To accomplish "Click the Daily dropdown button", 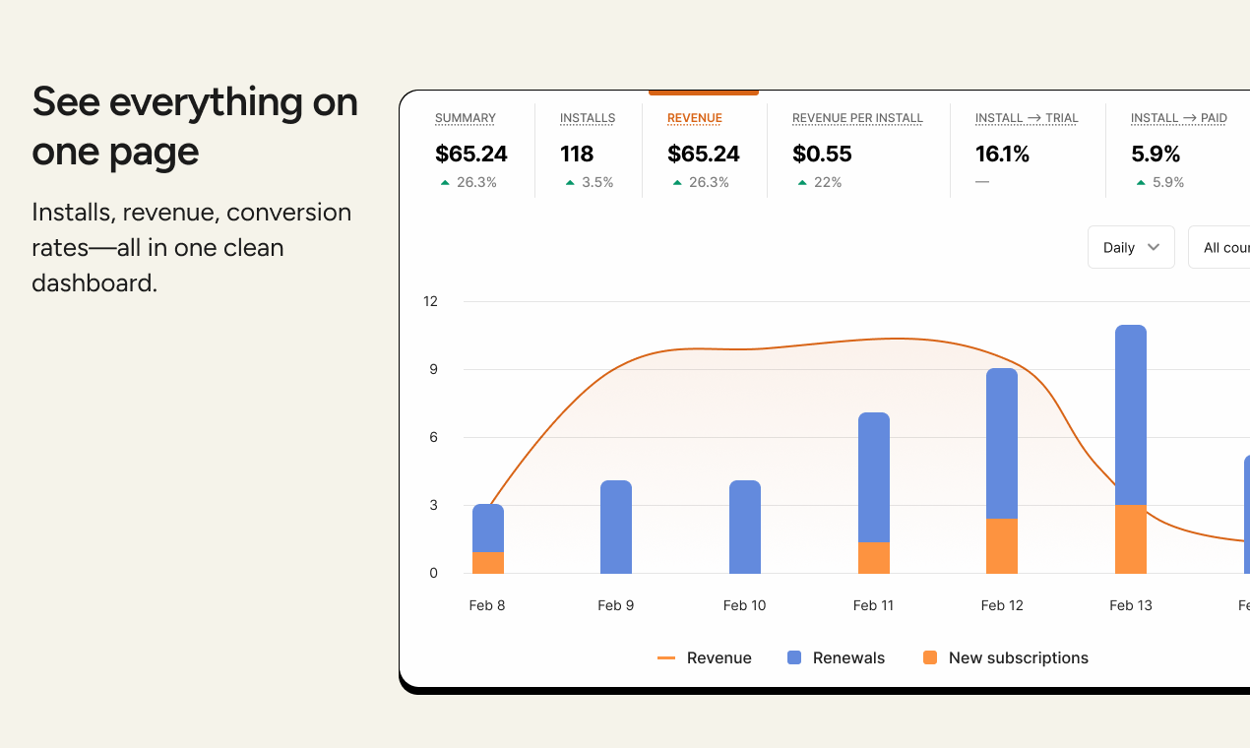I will tap(1130, 248).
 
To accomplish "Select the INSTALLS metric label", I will tap(588, 118).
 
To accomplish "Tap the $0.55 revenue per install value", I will tap(822, 154).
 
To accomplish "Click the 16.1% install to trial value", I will tap(1002, 154).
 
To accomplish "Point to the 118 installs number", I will tap(577, 154).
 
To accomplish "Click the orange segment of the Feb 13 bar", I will tap(1131, 539).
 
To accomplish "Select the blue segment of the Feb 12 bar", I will tap(1002, 443).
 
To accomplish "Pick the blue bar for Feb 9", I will tap(616, 527).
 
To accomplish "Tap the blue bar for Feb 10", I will tap(745, 527).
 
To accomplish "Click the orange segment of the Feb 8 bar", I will tap(488, 563).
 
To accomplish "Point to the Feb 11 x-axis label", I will tap(873, 605).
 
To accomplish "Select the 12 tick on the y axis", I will tap(430, 301).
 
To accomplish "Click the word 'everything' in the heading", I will tap(206, 102).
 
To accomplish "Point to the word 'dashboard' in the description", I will tap(93, 283).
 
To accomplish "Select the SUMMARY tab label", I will tap(466, 118).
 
